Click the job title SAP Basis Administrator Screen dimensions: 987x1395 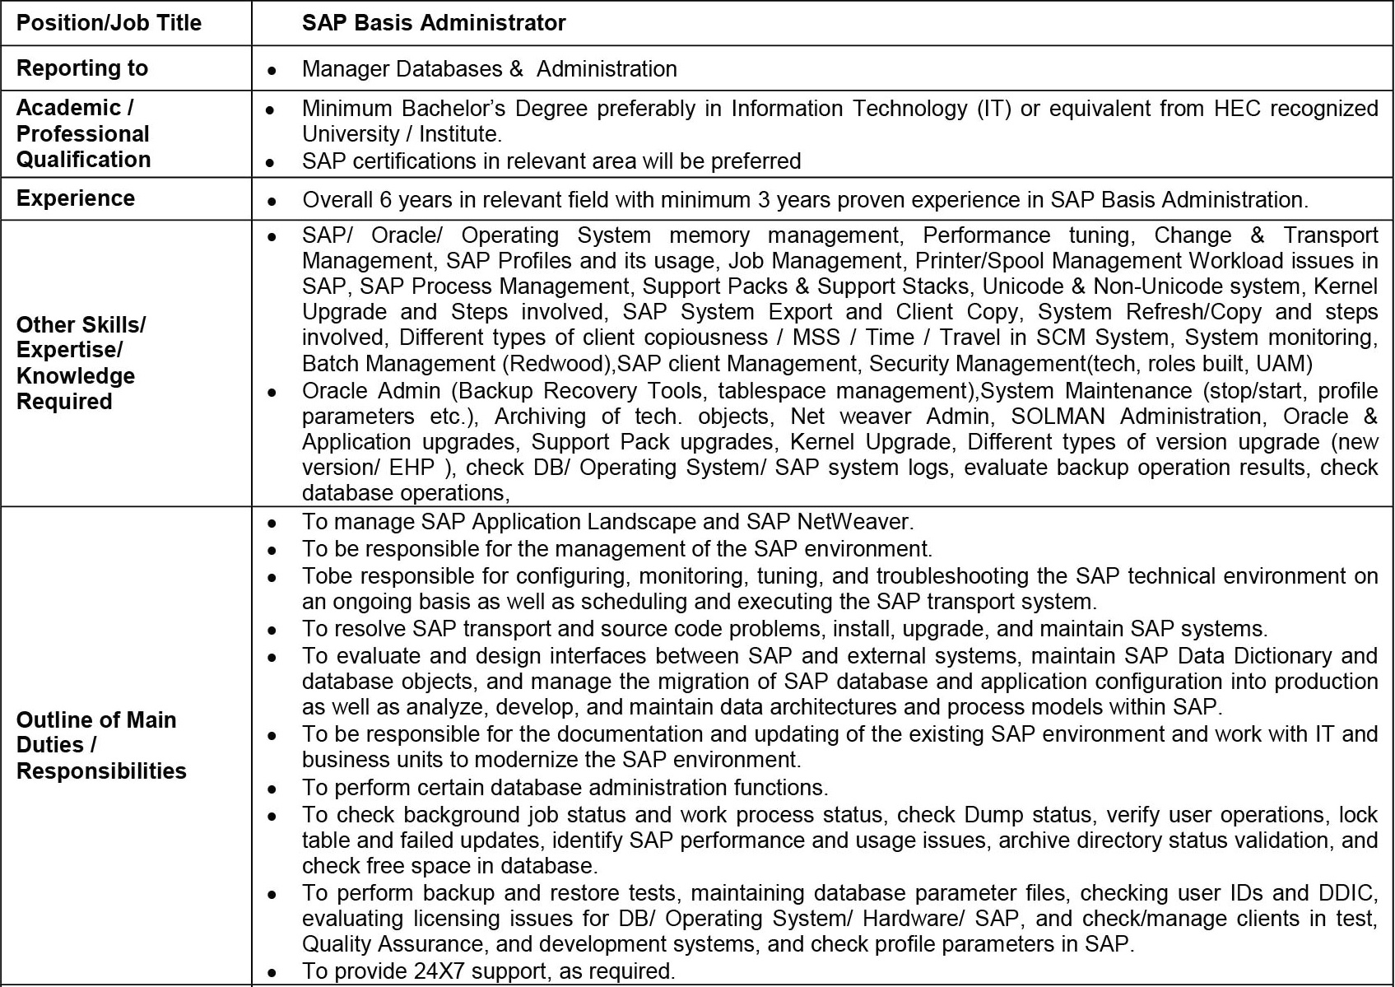click(434, 23)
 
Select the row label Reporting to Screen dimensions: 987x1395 click(82, 68)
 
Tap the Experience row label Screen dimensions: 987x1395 click(76, 198)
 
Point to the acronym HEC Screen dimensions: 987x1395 click(1237, 109)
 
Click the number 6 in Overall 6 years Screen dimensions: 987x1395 click(385, 200)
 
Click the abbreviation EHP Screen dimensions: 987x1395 click(412, 468)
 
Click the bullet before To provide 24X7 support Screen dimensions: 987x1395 click(272, 972)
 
